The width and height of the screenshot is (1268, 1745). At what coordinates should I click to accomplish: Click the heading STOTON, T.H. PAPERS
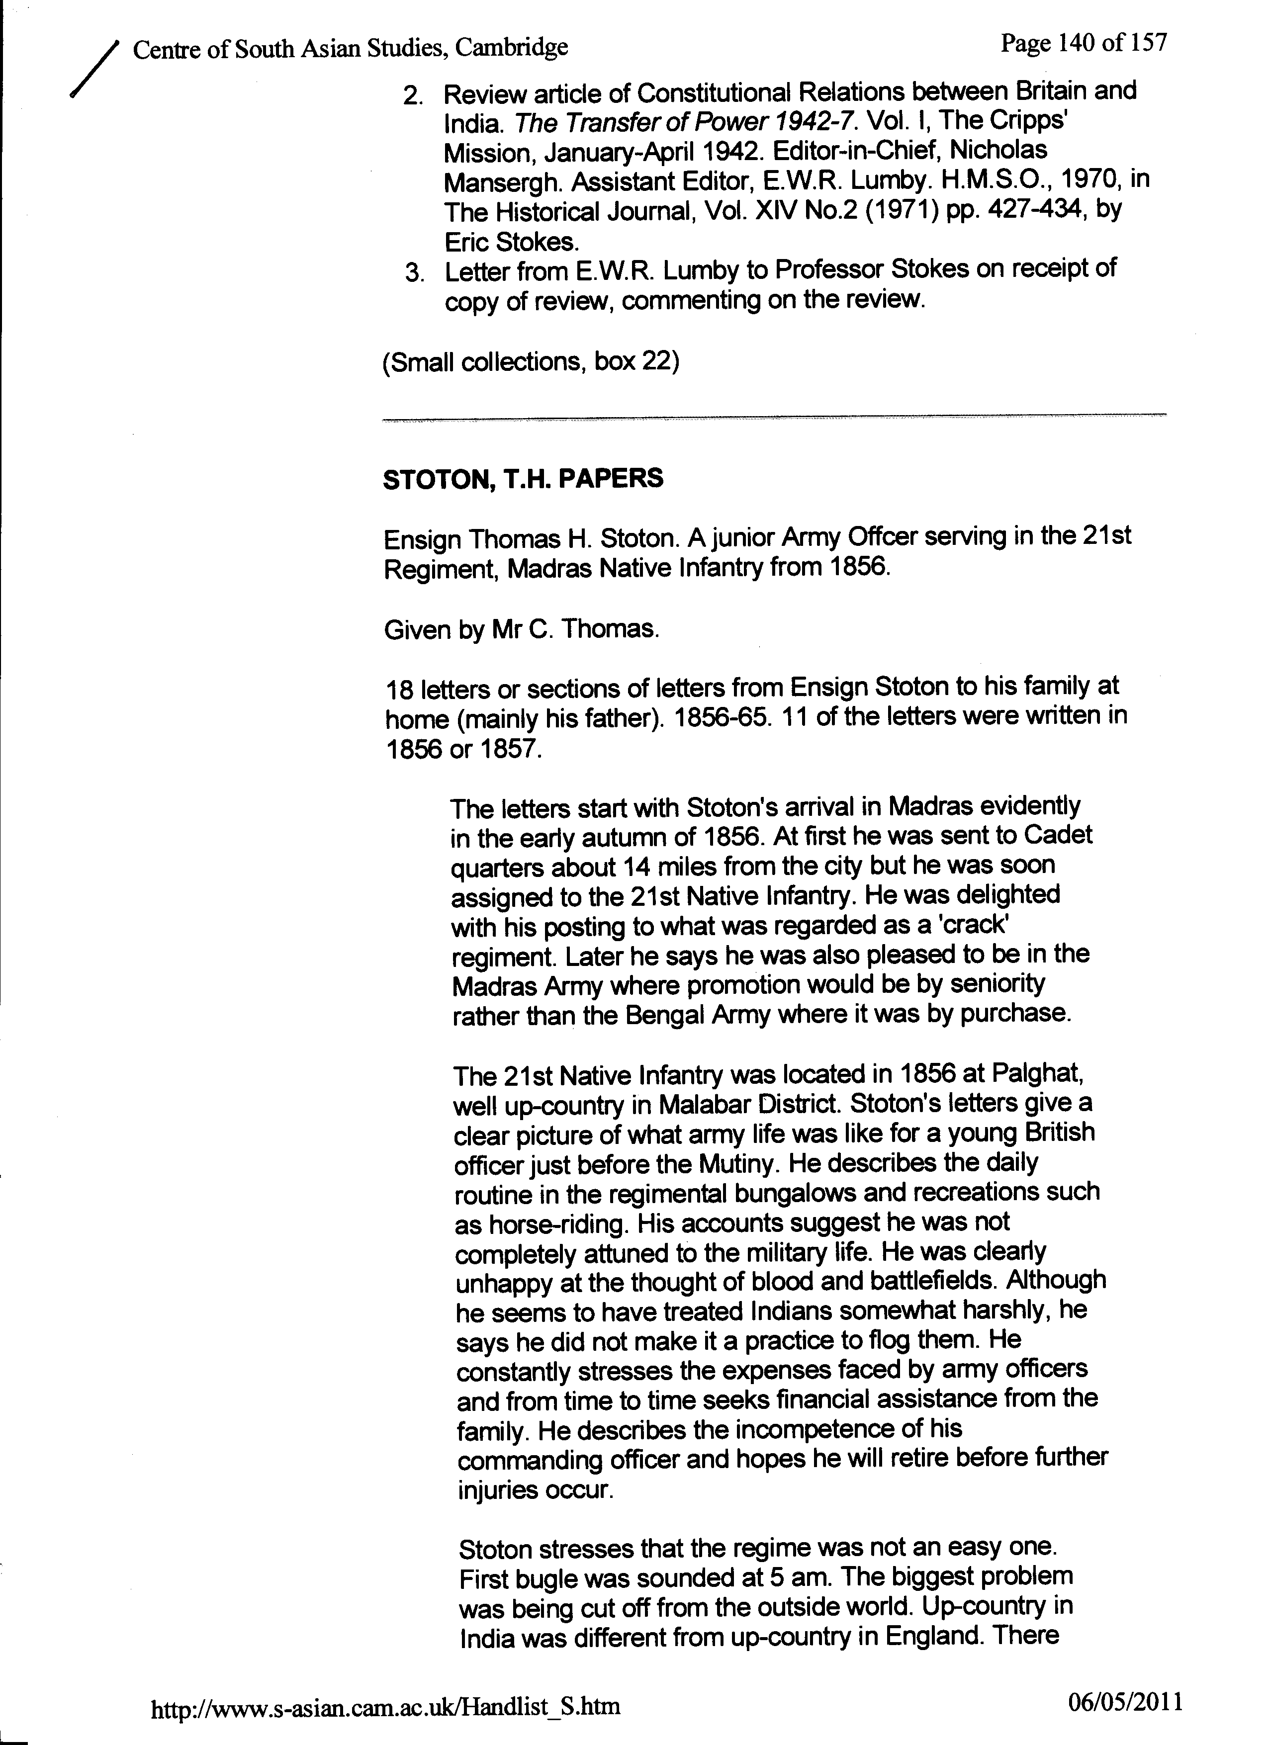point(523,479)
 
